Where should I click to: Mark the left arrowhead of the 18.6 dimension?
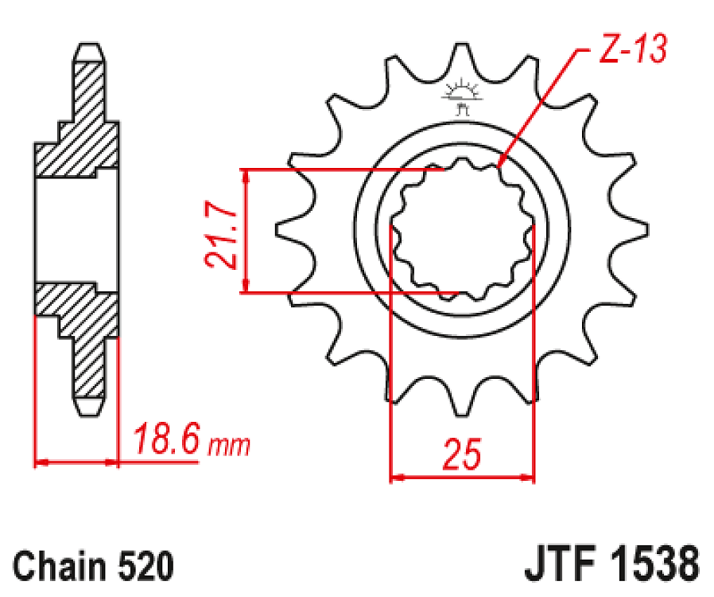pos(40,461)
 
